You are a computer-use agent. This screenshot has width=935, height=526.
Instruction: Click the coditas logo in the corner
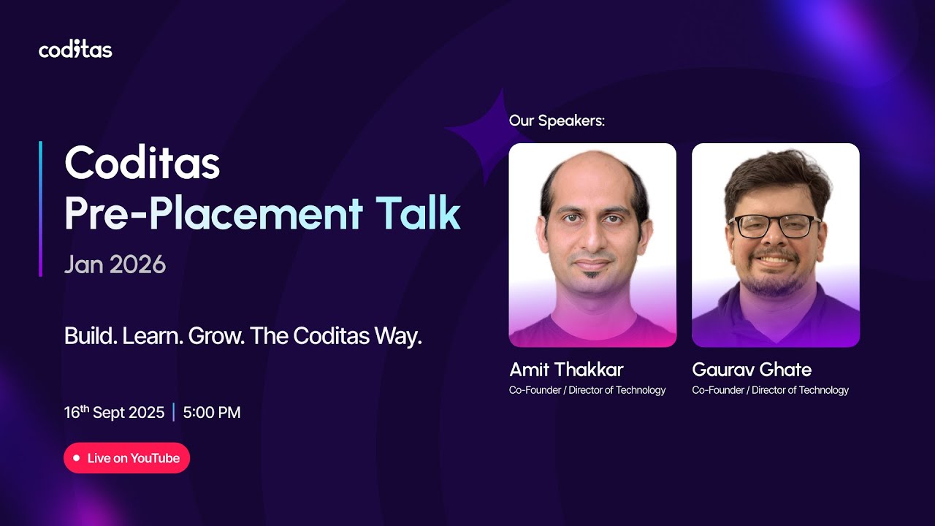point(75,50)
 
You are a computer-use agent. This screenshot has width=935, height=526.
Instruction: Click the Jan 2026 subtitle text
point(115,264)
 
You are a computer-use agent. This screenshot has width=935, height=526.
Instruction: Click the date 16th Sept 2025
point(114,412)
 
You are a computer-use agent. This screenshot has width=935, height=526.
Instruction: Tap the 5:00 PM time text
point(212,412)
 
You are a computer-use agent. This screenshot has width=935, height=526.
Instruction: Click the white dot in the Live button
point(77,458)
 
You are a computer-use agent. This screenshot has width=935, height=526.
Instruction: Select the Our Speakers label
point(557,121)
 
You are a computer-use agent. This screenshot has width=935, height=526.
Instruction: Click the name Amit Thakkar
point(566,369)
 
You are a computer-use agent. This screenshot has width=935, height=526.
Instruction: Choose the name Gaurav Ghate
point(752,369)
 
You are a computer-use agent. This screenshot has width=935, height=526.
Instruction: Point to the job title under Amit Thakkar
point(587,390)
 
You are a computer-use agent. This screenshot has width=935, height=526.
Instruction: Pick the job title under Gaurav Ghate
point(771,390)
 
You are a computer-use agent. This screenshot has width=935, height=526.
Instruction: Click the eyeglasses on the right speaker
point(775,226)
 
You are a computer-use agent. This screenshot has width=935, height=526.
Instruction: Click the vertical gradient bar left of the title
point(40,208)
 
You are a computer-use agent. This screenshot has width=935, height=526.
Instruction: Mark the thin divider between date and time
point(174,412)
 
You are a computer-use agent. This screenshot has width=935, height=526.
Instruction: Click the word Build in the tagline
point(90,336)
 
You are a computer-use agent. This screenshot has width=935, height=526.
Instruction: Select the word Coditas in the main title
point(142,164)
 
